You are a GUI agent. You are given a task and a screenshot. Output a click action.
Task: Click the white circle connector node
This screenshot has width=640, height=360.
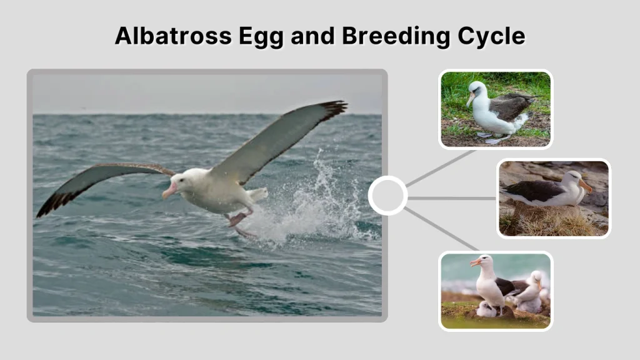click(387, 196)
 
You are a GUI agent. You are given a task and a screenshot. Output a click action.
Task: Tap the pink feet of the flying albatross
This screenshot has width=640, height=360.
click(237, 219)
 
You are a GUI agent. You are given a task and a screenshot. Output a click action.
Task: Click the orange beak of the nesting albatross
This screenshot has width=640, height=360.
click(586, 186)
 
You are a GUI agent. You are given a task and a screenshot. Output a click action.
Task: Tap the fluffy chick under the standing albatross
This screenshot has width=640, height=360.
click(486, 309)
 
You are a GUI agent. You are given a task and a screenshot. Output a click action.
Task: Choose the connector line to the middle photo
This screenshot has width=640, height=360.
click(451, 198)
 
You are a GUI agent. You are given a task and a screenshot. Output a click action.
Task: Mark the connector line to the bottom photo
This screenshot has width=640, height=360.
click(441, 229)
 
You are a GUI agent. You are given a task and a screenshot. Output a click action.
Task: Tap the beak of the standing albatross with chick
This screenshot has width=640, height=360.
click(476, 262)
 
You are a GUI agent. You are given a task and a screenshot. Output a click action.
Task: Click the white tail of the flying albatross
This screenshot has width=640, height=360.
click(257, 194)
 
